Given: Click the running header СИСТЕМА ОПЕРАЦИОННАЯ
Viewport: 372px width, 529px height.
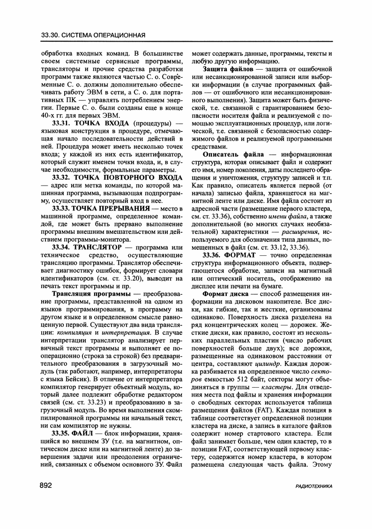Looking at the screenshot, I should point(104,35).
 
